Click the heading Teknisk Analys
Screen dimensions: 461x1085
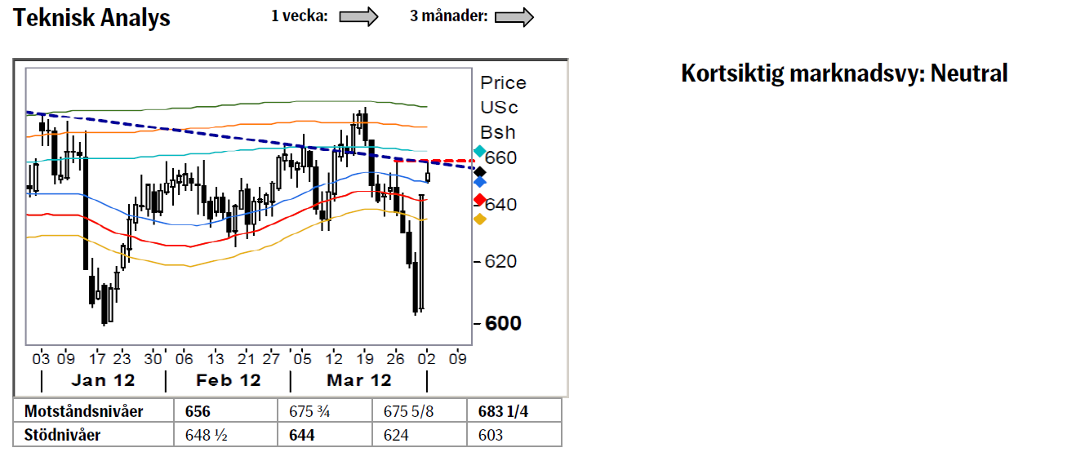[x=91, y=18]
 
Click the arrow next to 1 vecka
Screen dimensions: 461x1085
[x=358, y=16]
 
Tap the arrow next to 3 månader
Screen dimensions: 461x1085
[x=514, y=17]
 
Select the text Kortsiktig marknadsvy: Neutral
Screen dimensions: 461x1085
[x=844, y=73]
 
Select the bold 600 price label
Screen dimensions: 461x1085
[x=503, y=323]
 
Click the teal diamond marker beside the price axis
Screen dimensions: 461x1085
[x=479, y=151]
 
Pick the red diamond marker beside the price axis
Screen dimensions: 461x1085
[x=479, y=200]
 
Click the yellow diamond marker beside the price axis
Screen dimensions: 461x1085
[x=479, y=219]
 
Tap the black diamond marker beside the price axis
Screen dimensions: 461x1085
[x=479, y=172]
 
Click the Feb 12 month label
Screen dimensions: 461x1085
[x=228, y=380]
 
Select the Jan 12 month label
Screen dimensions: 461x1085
[x=103, y=380]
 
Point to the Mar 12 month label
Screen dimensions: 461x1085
[x=358, y=380]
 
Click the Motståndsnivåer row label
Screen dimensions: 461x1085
[x=83, y=411]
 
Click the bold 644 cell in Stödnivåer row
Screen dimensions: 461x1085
[x=301, y=435]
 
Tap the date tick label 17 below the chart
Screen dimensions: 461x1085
[x=97, y=358]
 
